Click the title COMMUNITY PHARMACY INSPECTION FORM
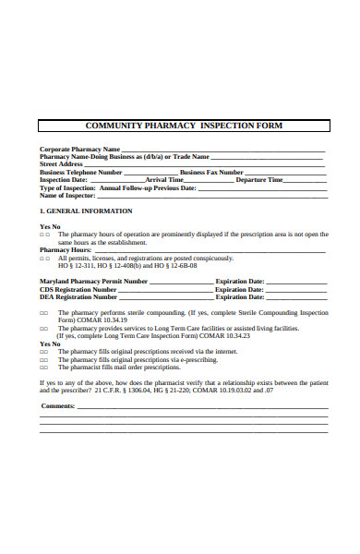click(184, 125)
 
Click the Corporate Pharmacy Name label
click(79, 149)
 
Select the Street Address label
click(62, 163)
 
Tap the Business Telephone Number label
click(81, 172)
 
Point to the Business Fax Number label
click(211, 172)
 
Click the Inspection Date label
click(64, 179)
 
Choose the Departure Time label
click(259, 179)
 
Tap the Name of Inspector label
click(67, 195)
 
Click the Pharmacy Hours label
click(66, 249)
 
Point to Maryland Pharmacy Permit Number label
click(93, 281)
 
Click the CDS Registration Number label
click(78, 289)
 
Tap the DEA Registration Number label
click(78, 297)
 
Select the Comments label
click(58, 405)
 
